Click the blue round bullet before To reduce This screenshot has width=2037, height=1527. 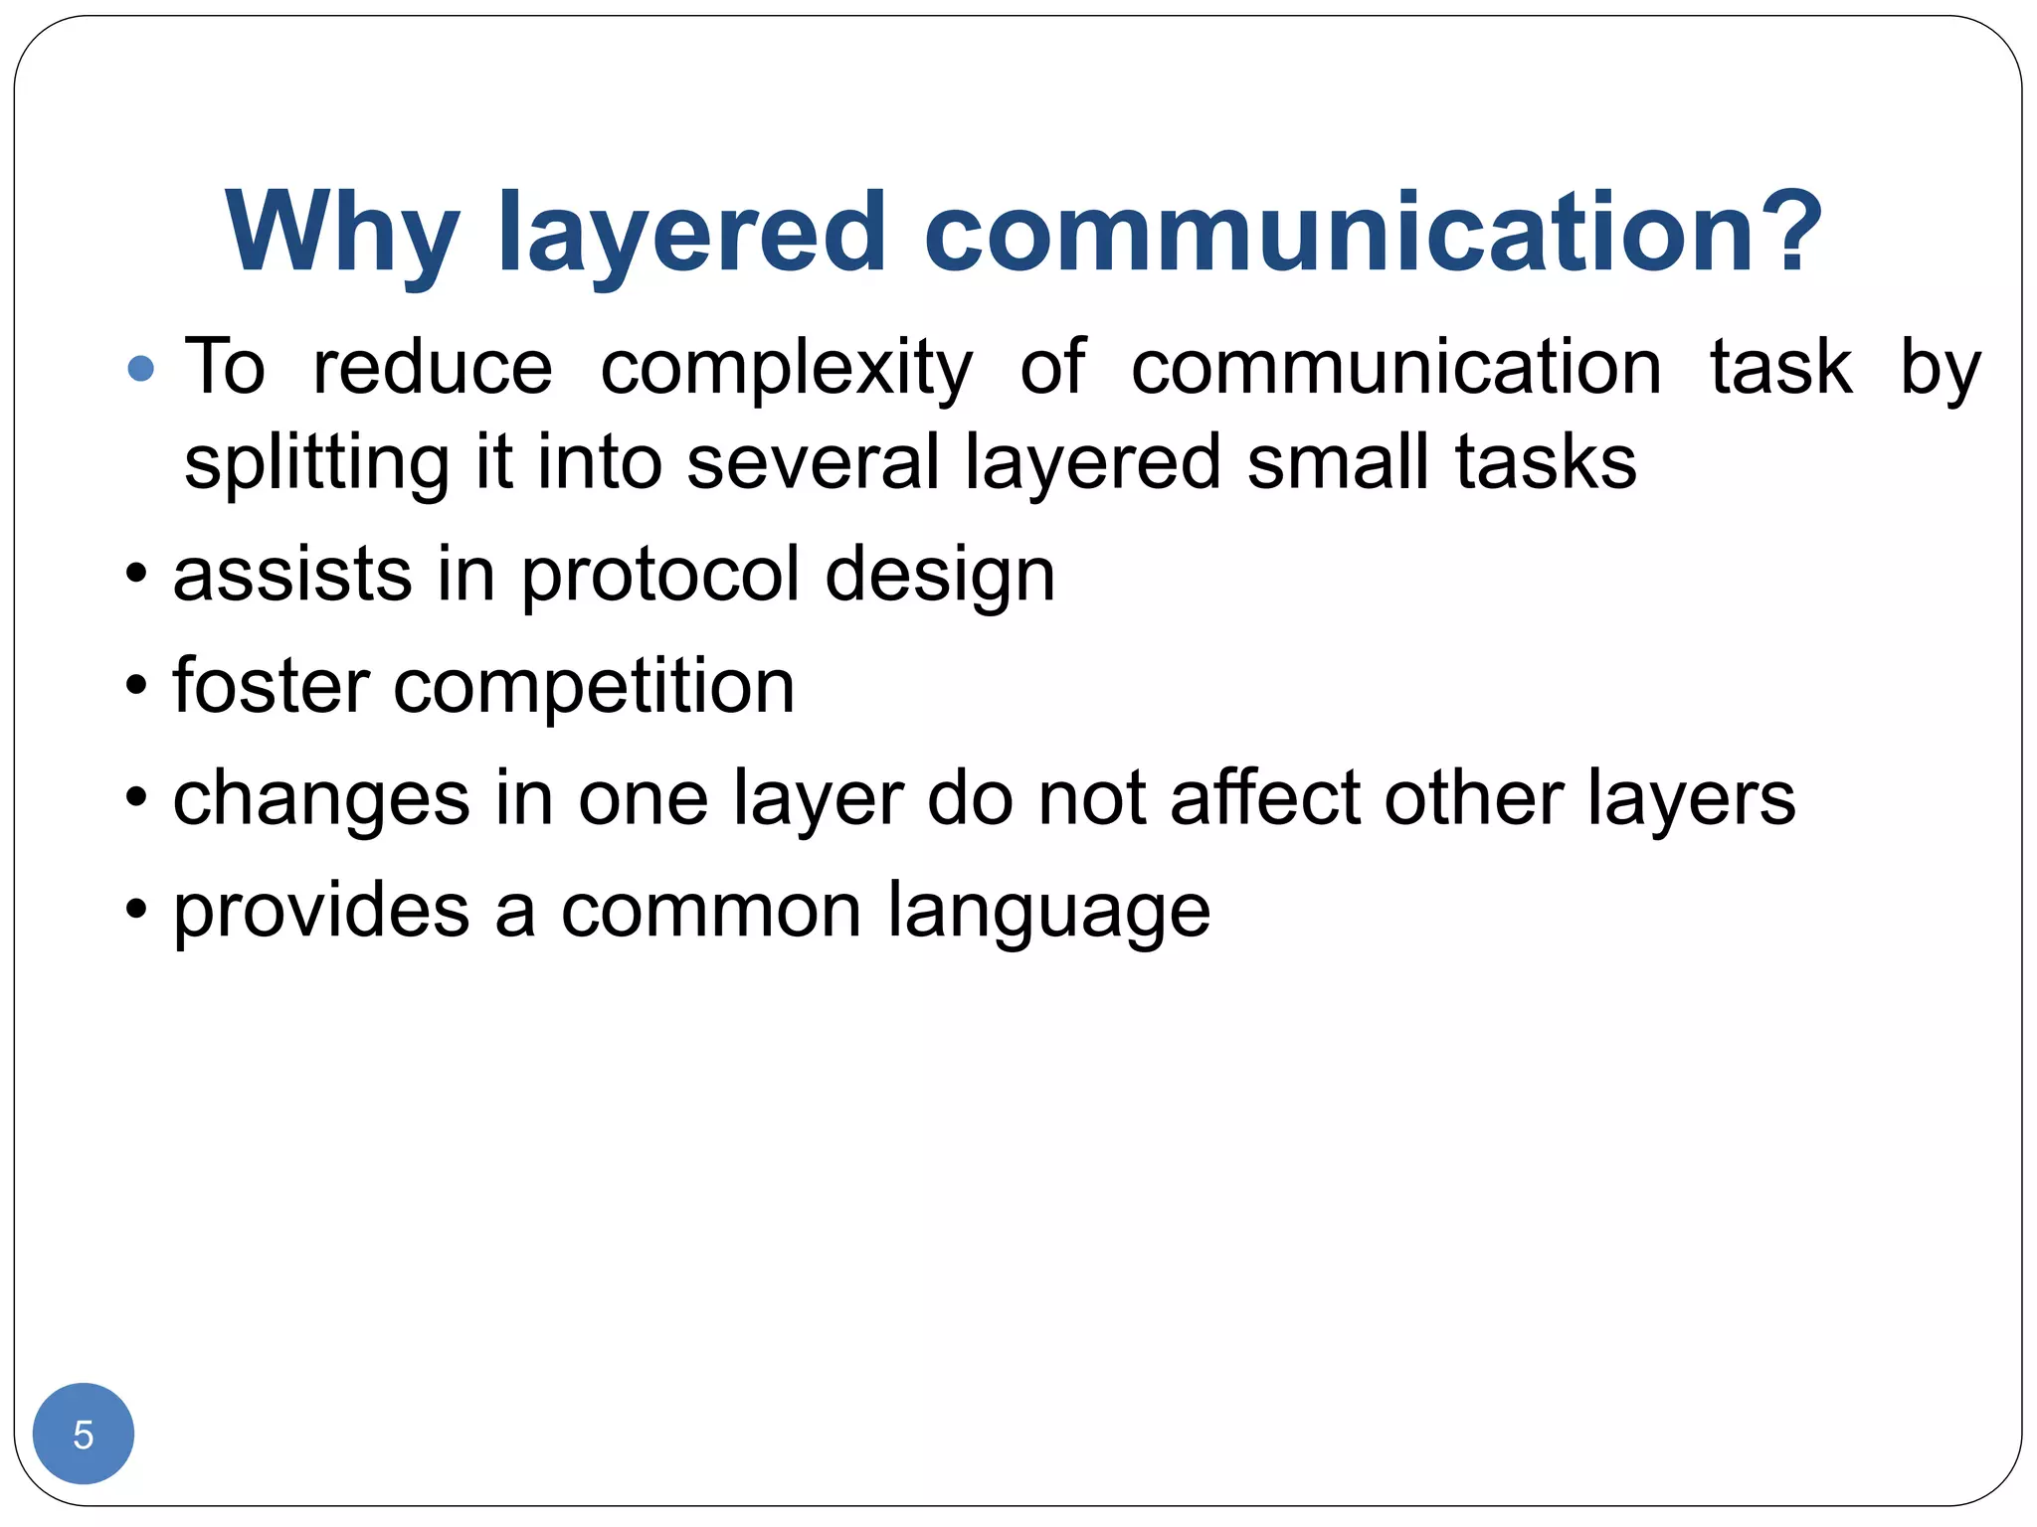point(141,369)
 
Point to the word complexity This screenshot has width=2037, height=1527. point(786,370)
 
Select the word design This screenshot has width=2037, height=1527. point(940,577)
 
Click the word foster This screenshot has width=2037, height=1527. point(271,686)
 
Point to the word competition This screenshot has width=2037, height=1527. point(594,688)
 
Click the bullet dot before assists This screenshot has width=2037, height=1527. point(137,575)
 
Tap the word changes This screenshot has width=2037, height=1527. point(321,800)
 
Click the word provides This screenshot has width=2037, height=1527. point(321,911)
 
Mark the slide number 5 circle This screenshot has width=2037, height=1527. point(84,1434)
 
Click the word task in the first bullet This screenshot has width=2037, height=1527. point(1780,368)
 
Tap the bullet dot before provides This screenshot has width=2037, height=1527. point(137,910)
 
